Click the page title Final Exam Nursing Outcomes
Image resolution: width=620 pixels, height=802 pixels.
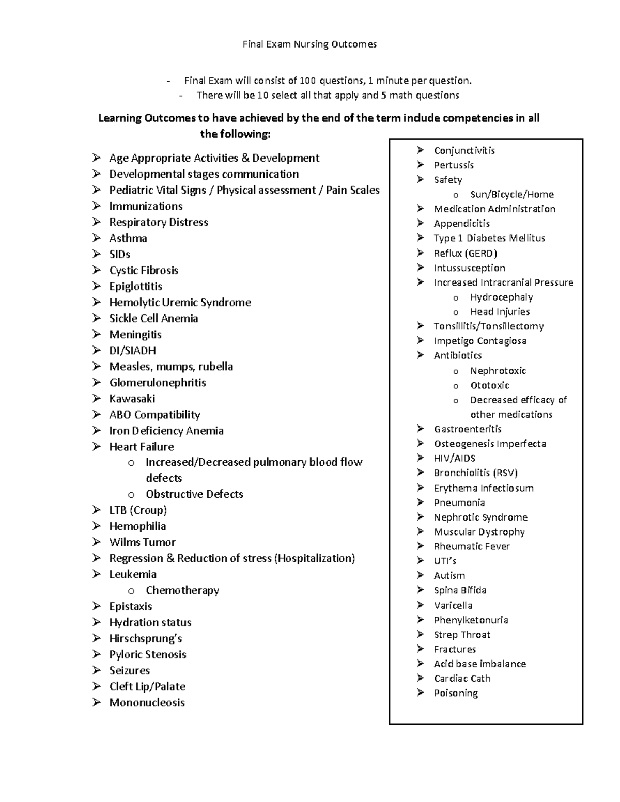point(309,44)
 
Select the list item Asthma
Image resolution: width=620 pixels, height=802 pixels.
point(128,238)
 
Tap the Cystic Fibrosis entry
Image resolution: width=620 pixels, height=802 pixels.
point(144,270)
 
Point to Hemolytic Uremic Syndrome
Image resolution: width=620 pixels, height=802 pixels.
point(180,302)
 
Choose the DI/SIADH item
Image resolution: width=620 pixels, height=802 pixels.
point(132,350)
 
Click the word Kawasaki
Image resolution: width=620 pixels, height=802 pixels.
point(132,398)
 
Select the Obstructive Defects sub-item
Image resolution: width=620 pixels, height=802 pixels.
point(194,494)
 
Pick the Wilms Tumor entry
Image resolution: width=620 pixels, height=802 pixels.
point(142,542)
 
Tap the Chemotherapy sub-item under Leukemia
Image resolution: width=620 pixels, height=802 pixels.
point(182,590)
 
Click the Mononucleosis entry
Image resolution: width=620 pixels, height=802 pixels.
point(147,702)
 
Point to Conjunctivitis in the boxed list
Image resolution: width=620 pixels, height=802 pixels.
point(464,150)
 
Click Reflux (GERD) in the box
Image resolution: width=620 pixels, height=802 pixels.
point(465,253)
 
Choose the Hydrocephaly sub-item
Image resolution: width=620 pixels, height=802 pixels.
point(501,297)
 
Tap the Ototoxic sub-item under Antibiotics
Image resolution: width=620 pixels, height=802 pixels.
point(489,385)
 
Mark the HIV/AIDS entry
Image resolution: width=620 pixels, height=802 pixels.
point(454,458)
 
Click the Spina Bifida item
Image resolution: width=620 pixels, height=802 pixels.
point(460,590)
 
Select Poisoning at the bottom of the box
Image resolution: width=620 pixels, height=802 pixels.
point(456,693)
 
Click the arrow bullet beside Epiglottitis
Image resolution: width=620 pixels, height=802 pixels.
point(97,286)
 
